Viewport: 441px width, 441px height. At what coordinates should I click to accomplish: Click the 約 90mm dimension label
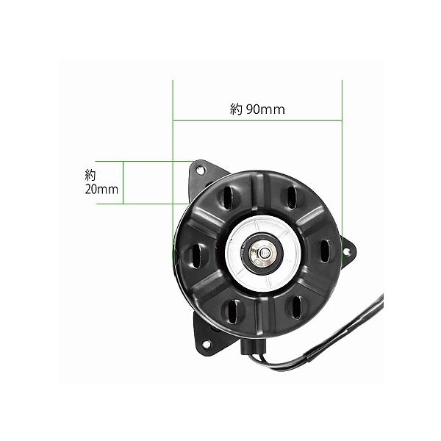(257, 110)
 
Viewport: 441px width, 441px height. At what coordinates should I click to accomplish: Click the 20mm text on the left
(101, 190)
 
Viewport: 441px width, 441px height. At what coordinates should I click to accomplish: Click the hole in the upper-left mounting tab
(200, 169)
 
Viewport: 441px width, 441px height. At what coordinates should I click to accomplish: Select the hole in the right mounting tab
(348, 252)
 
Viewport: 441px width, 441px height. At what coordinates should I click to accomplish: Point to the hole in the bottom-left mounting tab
(206, 344)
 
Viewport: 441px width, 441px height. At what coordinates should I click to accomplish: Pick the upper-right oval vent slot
(293, 196)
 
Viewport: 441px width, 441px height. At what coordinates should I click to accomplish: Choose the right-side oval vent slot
(325, 251)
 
